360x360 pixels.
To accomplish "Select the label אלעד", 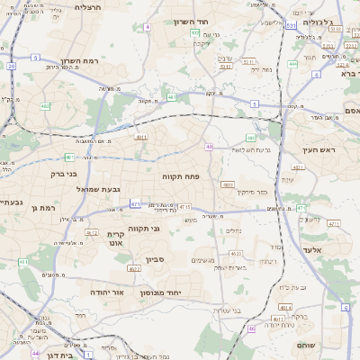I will [x=311, y=249].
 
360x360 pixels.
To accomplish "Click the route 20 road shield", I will [x=11, y=66].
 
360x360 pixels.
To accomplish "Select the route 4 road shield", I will [x=147, y=26].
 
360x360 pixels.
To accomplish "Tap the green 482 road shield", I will [x=19, y=107].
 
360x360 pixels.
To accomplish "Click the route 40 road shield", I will [x=209, y=146].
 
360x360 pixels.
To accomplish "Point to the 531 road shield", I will [x=291, y=25].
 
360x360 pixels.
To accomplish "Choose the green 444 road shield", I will [x=292, y=64].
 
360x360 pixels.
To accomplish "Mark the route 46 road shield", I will [x=252, y=328].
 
